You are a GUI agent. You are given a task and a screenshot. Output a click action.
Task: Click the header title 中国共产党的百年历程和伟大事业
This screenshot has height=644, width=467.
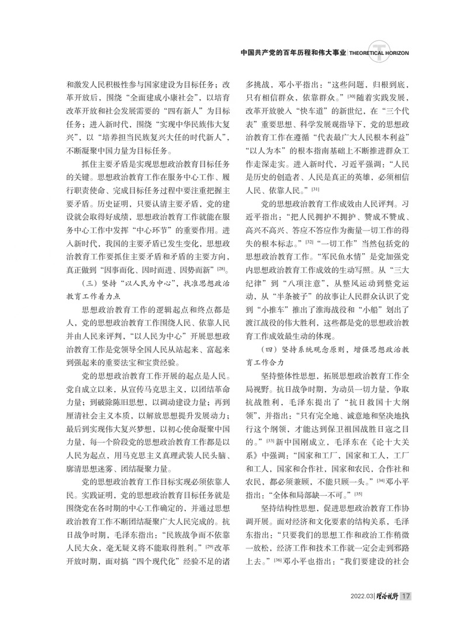(x=294, y=53)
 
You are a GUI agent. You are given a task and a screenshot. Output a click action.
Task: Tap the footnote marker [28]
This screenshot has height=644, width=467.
(x=222, y=269)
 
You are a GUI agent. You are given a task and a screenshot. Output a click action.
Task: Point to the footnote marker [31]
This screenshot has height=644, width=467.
(x=315, y=190)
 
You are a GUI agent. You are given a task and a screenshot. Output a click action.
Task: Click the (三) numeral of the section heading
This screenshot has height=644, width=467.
(x=88, y=283)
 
